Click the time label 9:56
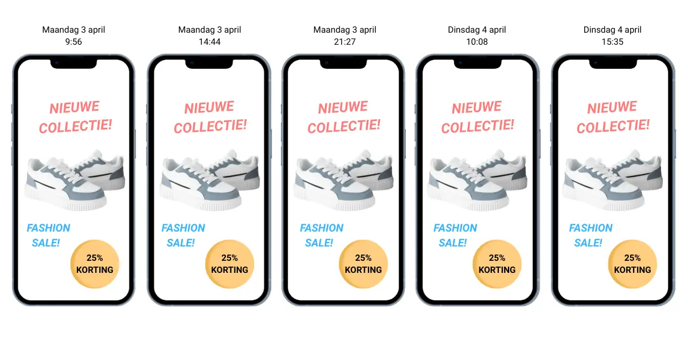(73, 41)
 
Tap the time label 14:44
(209, 41)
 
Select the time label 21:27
(344, 41)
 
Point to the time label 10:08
(476, 41)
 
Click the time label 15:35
(612, 41)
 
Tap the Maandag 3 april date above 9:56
(73, 29)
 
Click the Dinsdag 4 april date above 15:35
(612, 29)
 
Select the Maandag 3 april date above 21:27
(344, 29)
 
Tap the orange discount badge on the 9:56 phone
(95, 264)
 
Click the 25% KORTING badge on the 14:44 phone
(230, 264)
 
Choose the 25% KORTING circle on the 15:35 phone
(632, 264)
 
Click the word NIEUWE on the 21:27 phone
(343, 108)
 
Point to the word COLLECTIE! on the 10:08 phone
(478, 126)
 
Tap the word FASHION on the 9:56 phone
(49, 228)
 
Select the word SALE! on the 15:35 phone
(588, 243)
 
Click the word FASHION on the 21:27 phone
(322, 228)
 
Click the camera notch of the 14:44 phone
(209, 62)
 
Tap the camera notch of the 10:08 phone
(477, 62)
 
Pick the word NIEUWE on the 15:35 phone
(612, 108)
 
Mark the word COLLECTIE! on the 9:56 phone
(75, 126)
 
